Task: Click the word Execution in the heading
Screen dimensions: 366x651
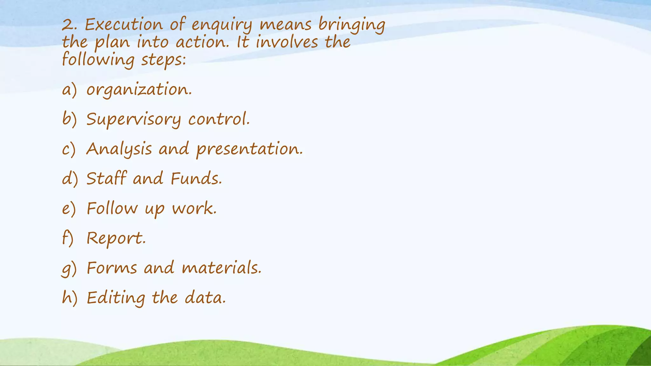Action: pyautogui.click(x=123, y=25)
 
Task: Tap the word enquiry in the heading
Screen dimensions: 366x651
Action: pyautogui.click(x=222, y=25)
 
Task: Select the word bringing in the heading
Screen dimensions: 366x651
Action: pyautogui.click(x=352, y=25)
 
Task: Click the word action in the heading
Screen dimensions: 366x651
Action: pyautogui.click(x=202, y=43)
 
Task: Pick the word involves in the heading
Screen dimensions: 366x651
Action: pyautogui.click(x=287, y=43)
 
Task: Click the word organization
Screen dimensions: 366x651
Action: pyautogui.click(x=139, y=90)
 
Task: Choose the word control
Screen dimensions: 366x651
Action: pyautogui.click(x=219, y=119)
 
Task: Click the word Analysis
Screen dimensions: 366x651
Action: pyautogui.click(x=119, y=149)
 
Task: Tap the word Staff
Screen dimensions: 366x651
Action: pyautogui.click(x=106, y=178)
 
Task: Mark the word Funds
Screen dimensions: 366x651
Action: pyautogui.click(x=196, y=179)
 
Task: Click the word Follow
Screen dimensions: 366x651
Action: pyautogui.click(x=112, y=209)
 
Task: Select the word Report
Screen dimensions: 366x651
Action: pyautogui.click(x=116, y=238)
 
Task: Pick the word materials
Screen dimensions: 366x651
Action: pyautogui.click(x=222, y=268)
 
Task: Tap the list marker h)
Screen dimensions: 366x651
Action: pyautogui.click(x=69, y=298)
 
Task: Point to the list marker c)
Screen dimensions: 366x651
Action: pyautogui.click(x=69, y=149)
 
